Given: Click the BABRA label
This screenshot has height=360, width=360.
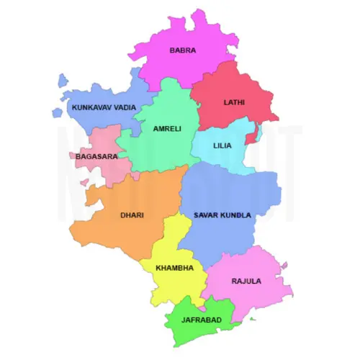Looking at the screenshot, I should [x=182, y=50].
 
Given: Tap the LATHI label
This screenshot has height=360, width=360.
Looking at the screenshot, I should [x=234, y=102].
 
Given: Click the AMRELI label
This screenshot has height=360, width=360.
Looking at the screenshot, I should [x=167, y=129].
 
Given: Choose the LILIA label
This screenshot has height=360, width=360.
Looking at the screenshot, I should [x=222, y=145].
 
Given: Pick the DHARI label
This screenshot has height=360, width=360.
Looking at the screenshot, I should [x=132, y=215].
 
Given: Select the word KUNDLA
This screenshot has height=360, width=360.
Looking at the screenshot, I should [x=237, y=215].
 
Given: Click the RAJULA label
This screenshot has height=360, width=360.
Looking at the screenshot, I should [x=246, y=281].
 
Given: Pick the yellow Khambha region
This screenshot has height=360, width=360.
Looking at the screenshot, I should [x=173, y=284].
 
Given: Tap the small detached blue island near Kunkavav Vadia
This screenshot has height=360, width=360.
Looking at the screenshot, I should [x=57, y=112].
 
